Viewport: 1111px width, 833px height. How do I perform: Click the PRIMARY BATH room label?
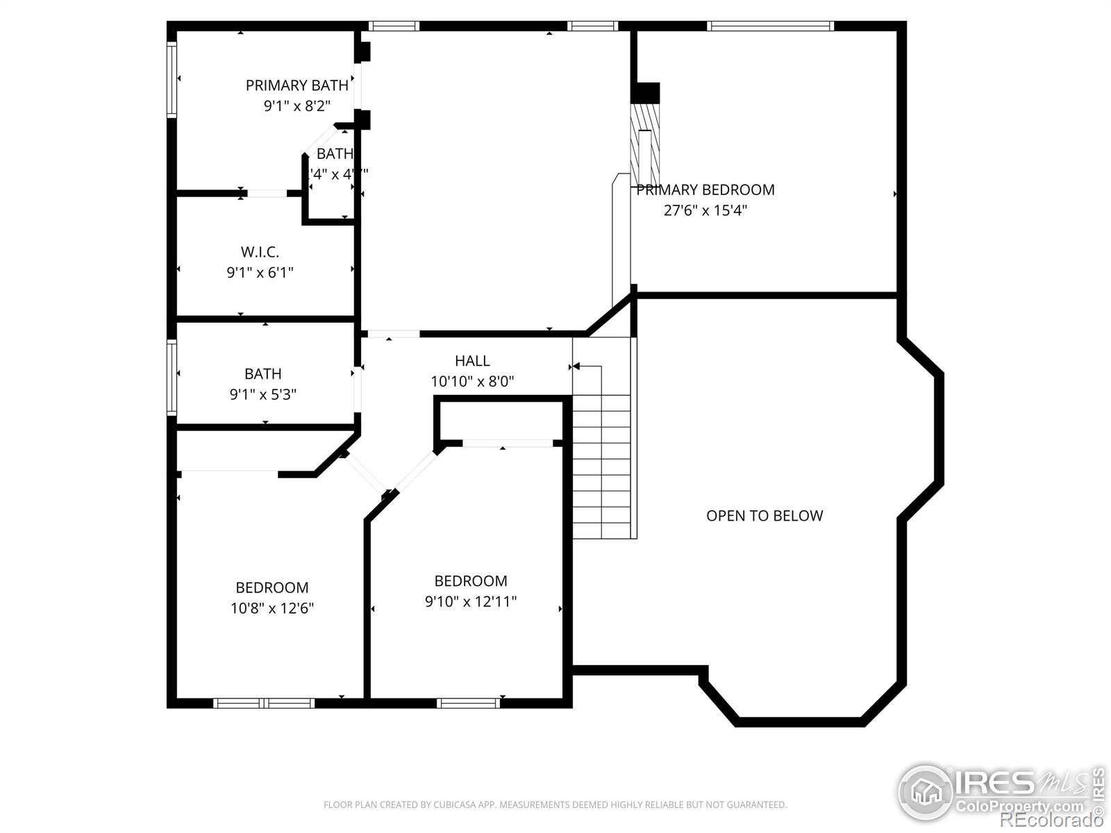pos(296,85)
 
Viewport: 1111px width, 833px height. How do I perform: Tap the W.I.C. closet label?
pos(260,252)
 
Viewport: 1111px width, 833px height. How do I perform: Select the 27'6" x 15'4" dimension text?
pos(705,210)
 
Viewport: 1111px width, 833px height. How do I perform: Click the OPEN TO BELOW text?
pos(764,516)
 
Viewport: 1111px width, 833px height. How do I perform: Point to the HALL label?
pos(472,361)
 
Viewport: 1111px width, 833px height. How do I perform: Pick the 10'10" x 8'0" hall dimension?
pos(472,381)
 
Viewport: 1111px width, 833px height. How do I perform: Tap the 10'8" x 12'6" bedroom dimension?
pos(272,608)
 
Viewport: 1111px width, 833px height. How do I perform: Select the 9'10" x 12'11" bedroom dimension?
pos(471,601)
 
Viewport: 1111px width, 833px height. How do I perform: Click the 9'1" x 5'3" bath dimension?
pos(263,394)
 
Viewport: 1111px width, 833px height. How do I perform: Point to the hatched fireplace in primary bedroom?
pos(644,146)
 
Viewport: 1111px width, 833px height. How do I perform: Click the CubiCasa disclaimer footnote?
pos(555,805)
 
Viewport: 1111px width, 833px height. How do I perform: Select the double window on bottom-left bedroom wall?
pos(264,703)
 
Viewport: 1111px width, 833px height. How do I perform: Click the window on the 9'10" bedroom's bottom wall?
pos(469,703)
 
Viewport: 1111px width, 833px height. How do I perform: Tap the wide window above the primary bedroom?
pos(770,26)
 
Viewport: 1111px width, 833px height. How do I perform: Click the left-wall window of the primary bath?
pos(172,78)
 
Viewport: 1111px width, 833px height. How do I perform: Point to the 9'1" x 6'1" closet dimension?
pos(260,272)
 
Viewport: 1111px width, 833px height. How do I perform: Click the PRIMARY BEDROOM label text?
pos(705,190)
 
